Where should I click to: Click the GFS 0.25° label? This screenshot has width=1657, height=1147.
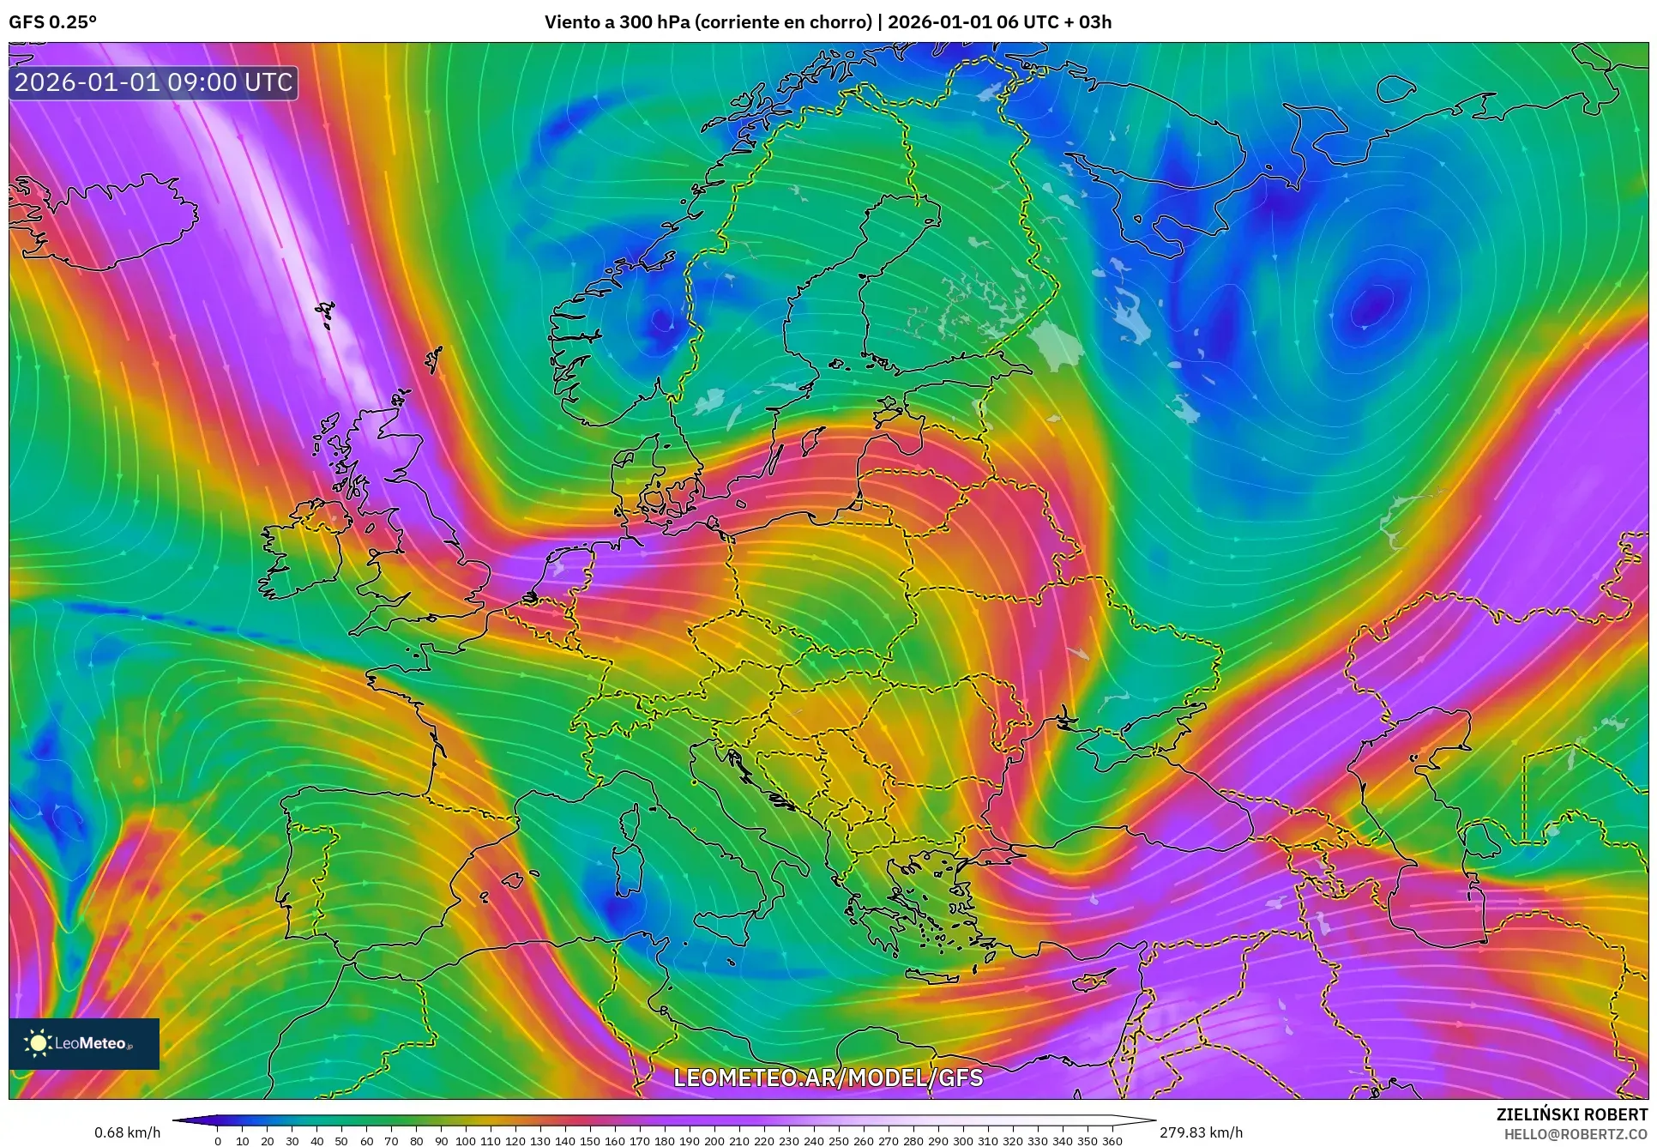point(52,22)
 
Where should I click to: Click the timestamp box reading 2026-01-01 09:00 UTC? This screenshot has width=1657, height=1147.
point(154,82)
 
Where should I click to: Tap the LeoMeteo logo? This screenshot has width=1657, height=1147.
point(84,1043)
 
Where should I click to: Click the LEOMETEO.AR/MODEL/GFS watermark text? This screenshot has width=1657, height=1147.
point(828,1078)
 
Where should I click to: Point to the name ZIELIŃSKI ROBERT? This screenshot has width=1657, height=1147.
point(1571,1114)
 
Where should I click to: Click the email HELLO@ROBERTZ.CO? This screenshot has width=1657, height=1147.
point(1576,1133)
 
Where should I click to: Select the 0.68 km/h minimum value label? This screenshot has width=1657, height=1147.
point(127,1132)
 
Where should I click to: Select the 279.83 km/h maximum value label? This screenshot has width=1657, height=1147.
point(1201,1132)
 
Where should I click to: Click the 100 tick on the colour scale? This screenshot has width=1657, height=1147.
point(465,1141)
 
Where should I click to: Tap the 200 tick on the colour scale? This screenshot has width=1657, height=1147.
point(714,1141)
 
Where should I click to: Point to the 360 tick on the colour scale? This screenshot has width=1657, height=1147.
point(1112,1141)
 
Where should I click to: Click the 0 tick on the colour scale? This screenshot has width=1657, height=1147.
point(218,1141)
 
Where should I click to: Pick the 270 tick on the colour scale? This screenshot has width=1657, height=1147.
point(888,1141)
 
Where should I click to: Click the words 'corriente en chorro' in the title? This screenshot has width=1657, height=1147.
point(783,22)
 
